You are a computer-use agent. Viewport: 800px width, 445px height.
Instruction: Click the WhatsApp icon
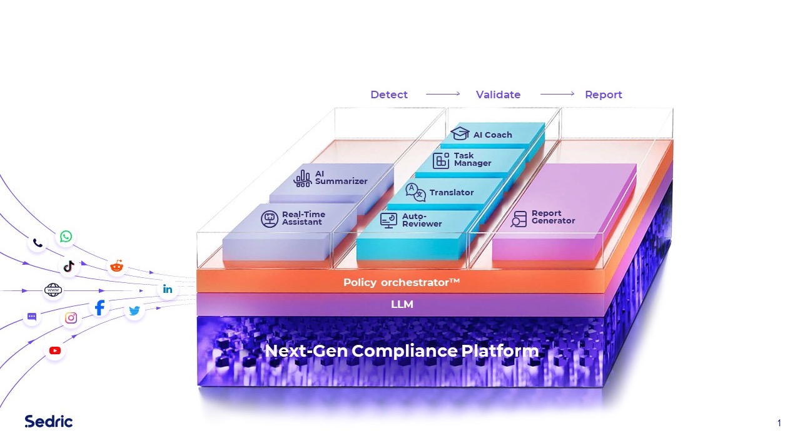66,237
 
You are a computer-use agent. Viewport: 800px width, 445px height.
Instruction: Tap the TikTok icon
69,266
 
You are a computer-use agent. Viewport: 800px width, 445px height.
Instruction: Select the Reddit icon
116,266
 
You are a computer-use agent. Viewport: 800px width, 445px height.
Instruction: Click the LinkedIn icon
168,289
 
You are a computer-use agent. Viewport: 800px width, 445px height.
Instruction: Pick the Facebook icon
99,307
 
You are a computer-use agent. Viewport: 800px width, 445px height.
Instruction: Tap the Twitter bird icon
134,310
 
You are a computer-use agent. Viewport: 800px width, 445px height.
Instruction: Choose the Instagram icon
71,318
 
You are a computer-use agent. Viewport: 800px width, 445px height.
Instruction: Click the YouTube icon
55,350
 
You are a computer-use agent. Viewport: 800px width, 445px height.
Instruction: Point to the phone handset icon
38,243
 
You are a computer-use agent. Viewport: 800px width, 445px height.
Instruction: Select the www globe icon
53,290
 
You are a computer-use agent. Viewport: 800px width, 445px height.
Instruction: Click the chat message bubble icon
32,317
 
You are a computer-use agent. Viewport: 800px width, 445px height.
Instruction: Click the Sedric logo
49,421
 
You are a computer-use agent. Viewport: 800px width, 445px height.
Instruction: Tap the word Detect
389,95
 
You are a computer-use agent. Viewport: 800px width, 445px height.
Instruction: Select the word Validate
498,95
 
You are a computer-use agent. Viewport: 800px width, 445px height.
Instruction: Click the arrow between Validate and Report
557,95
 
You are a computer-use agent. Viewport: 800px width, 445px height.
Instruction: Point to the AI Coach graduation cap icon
460,134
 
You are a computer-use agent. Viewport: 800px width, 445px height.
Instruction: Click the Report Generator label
553,217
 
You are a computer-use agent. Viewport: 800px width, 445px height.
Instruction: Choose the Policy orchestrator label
401,282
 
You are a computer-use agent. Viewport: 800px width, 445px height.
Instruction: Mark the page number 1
779,423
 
